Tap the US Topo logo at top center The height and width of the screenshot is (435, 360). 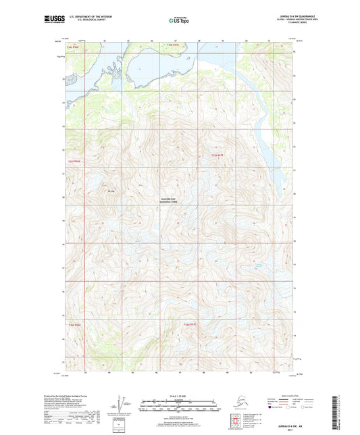179,20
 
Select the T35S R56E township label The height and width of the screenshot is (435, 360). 73,161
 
